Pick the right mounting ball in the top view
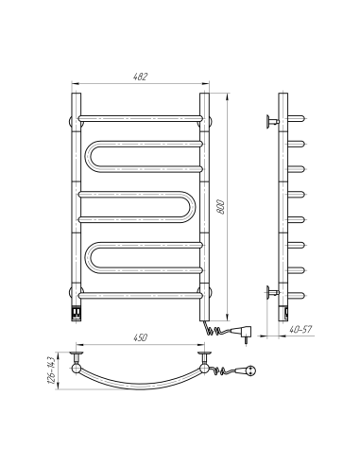point(202,357)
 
